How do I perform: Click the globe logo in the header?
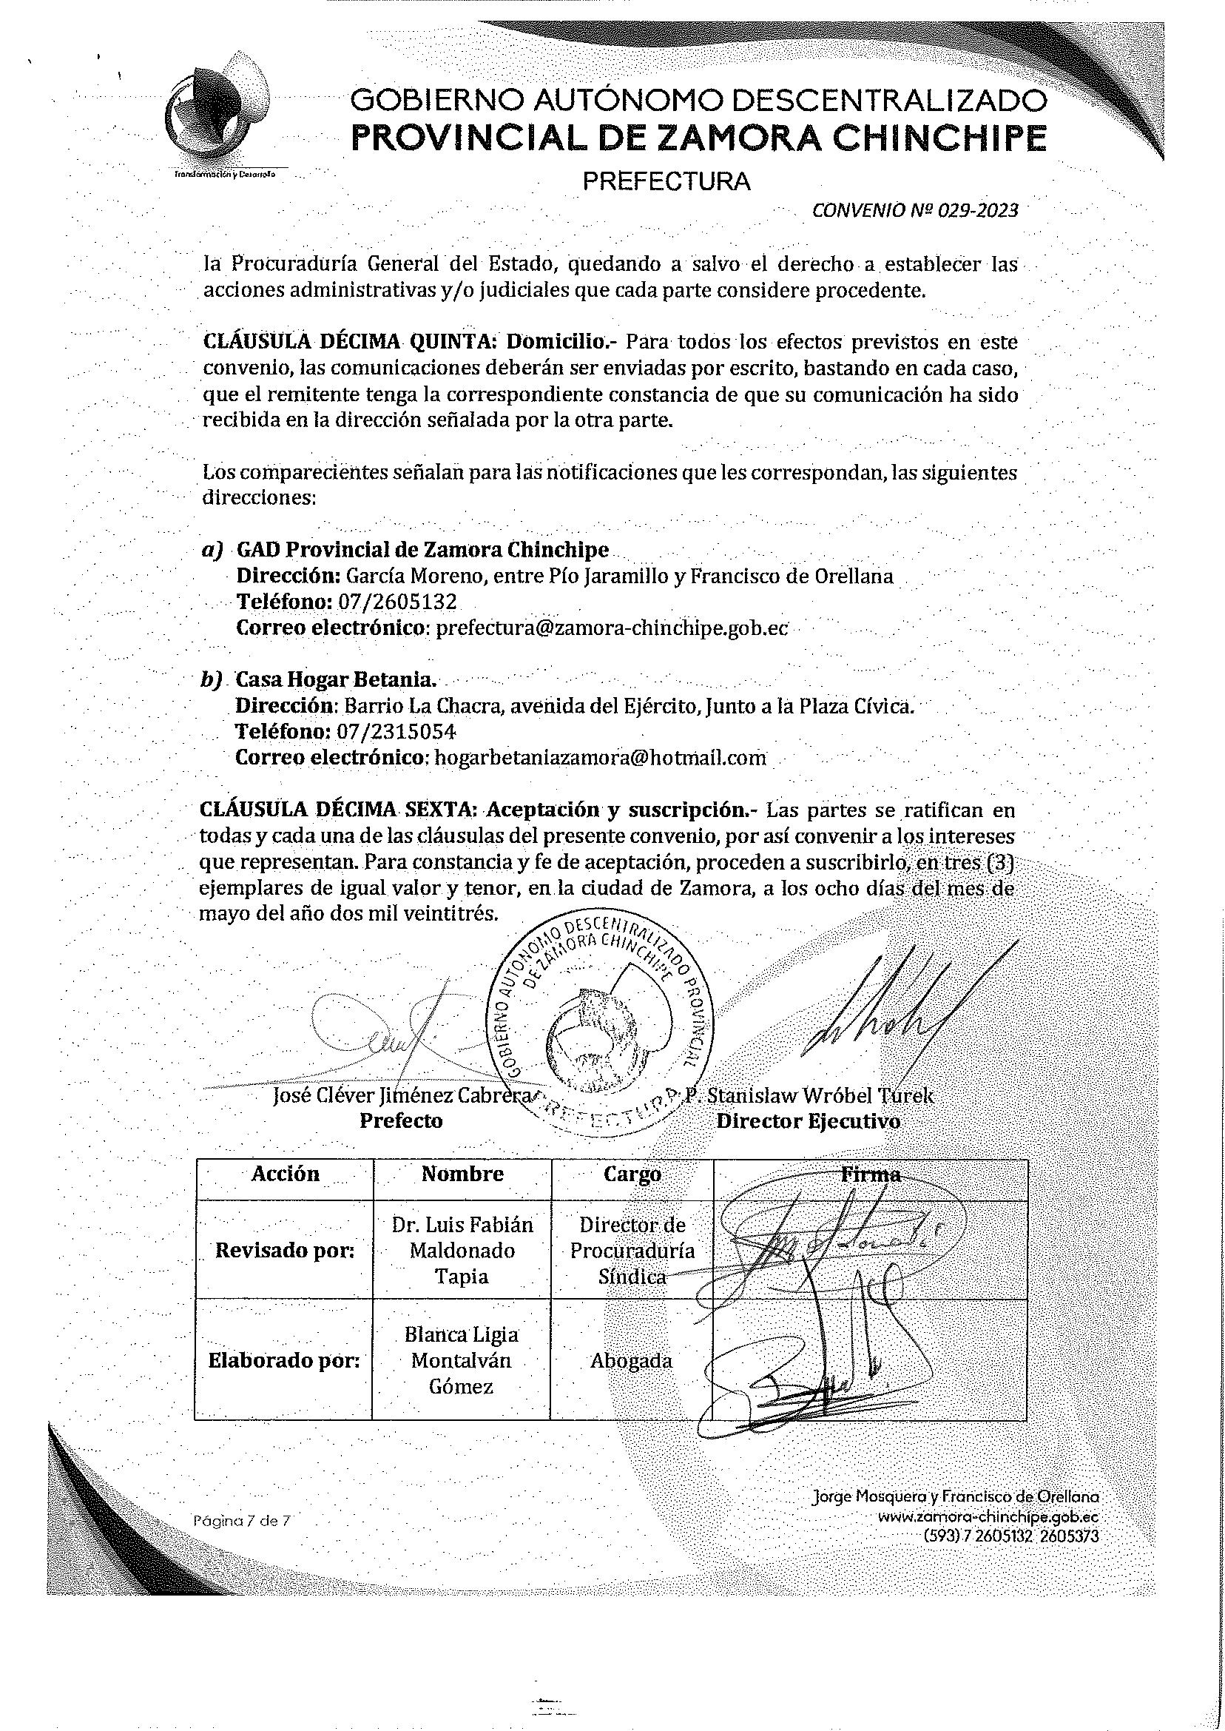tap(215, 113)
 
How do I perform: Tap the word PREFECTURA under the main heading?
tap(667, 182)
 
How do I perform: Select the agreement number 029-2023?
tap(978, 210)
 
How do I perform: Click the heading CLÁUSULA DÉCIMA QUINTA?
tap(349, 342)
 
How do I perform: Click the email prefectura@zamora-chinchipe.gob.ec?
tap(612, 628)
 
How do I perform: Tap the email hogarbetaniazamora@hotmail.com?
tap(601, 758)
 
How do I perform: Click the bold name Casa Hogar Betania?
tap(337, 680)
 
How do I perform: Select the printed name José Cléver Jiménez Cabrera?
tap(401, 1095)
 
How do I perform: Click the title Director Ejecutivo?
tap(808, 1121)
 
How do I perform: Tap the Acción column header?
tap(285, 1174)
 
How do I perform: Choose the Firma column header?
tap(871, 1175)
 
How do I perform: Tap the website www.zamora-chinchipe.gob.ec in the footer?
tap(988, 1517)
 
